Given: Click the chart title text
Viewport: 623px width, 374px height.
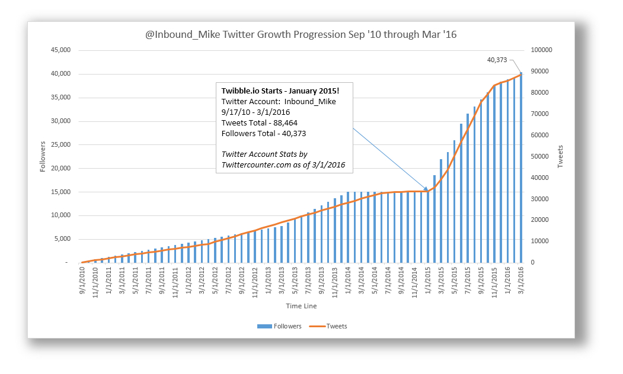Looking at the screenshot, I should [x=301, y=35].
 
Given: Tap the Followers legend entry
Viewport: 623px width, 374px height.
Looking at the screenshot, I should [x=279, y=326].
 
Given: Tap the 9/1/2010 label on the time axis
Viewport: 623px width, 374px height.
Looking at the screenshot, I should [x=82, y=283].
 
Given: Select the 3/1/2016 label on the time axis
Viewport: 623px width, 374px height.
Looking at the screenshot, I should [x=522, y=283].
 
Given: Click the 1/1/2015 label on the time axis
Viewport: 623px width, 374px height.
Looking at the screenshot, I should [x=428, y=283].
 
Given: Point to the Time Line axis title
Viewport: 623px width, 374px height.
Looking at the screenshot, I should [x=301, y=306].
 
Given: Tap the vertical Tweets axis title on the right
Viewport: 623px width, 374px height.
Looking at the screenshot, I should [x=561, y=156].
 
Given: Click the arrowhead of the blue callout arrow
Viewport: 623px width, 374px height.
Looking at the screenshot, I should [x=427, y=190].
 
